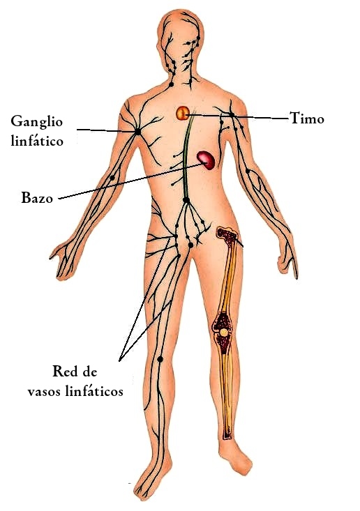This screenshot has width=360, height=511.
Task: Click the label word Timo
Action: click(x=307, y=118)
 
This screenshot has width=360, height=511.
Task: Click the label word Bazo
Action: click(x=37, y=198)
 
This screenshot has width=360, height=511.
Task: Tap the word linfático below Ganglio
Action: click(x=37, y=141)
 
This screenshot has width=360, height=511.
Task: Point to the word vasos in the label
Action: click(x=45, y=391)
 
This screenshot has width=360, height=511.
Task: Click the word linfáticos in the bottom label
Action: click(x=94, y=390)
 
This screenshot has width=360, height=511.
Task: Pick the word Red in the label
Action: click(x=63, y=371)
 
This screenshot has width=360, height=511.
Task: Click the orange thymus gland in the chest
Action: click(x=183, y=113)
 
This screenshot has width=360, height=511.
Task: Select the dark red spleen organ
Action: click(x=206, y=160)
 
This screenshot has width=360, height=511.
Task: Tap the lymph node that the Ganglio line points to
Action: click(x=137, y=132)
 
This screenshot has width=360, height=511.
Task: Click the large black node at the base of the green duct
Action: click(x=186, y=200)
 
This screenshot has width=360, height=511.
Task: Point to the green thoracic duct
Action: click(x=186, y=156)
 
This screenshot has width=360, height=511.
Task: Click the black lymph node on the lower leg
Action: click(x=160, y=359)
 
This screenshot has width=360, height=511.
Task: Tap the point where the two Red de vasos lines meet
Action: click(x=119, y=360)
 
